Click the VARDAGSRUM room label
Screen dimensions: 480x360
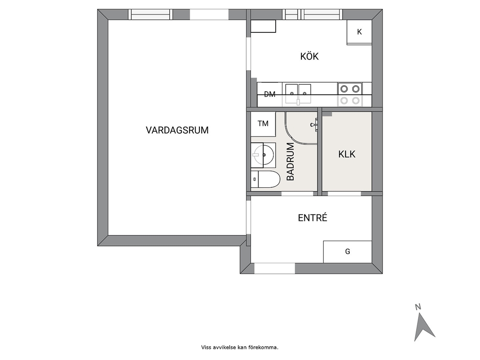pos(177,130)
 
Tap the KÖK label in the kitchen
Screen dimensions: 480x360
pos(309,56)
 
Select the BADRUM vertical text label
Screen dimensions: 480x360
pos(290,162)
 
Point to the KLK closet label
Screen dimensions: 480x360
pos(347,154)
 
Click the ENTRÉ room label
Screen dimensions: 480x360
pos(313,218)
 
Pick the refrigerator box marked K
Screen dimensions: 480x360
pos(359,32)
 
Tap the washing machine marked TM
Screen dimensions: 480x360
pos(263,124)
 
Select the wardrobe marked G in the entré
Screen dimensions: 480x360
pos(347,252)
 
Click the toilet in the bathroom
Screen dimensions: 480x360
pos(265,180)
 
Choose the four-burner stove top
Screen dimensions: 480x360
pos(350,94)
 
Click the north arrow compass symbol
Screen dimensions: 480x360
pos(424,327)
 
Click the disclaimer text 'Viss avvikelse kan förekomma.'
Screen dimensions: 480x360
pos(240,347)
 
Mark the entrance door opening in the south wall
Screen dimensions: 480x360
pos(274,268)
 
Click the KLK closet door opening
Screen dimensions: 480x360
pos(344,194)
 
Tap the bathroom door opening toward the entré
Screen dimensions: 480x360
pos(297,194)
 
